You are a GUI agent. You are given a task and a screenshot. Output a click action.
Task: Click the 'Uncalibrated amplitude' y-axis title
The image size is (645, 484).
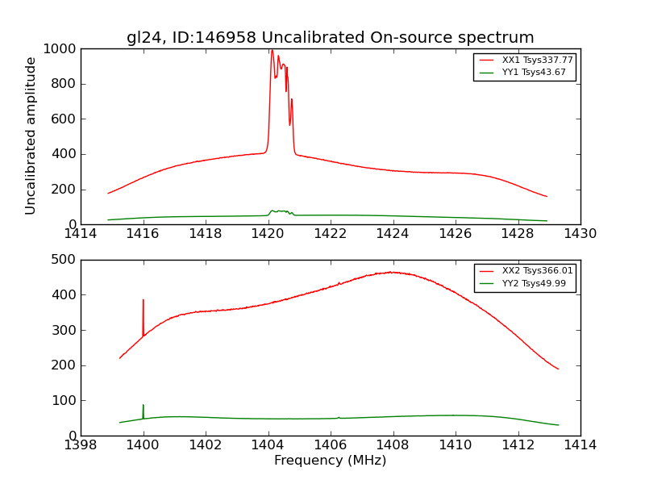(31, 136)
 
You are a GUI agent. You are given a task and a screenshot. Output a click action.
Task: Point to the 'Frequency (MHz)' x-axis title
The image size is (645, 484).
(330, 461)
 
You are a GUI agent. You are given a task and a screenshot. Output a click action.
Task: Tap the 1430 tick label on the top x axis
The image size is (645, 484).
(580, 234)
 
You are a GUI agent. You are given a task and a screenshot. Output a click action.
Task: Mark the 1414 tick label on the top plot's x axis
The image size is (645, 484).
(81, 234)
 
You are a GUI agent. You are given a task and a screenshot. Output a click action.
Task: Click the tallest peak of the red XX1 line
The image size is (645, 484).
(272, 51)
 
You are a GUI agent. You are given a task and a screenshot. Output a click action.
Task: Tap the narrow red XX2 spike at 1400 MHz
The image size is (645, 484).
(144, 302)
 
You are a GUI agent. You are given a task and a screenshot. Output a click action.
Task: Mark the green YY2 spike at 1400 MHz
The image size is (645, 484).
(144, 406)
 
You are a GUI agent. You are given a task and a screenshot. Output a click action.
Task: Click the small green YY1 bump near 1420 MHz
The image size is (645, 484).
(279, 211)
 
